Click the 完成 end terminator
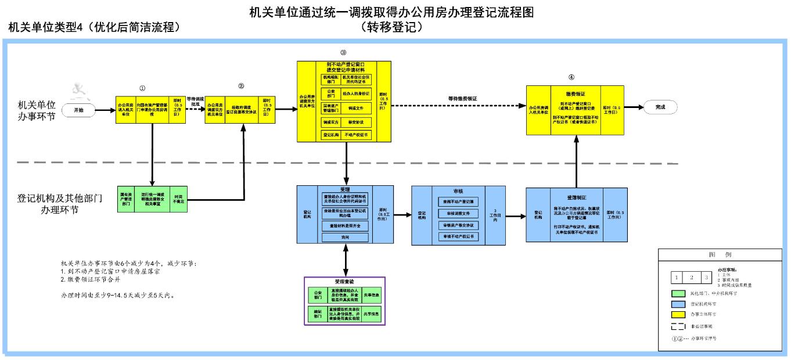(660, 107)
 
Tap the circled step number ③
(343, 53)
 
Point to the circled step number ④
(571, 77)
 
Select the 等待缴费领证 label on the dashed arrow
(462, 99)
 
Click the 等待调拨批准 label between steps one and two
(195, 101)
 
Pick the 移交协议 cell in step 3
(356, 122)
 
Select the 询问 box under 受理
(345, 237)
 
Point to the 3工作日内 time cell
(495, 216)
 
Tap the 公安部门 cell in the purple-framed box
(318, 295)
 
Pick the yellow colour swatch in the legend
(678, 314)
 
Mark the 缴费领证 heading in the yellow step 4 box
(576, 93)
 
